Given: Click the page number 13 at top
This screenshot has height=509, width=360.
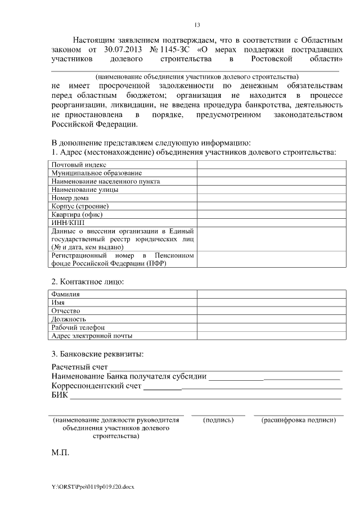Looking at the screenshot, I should pos(197,25).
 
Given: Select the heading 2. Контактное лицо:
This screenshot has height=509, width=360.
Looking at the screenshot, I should pos(88,281).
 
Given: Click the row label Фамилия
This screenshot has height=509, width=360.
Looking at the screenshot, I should pos(66,294).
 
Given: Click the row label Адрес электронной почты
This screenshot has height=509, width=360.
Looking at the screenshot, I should pos(92,336).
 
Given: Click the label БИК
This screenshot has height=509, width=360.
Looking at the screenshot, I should pos(59,395).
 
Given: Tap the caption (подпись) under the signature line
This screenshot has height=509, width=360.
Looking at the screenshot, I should pos(218,420).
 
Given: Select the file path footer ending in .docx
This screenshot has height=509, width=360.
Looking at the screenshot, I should pos(93,487).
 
